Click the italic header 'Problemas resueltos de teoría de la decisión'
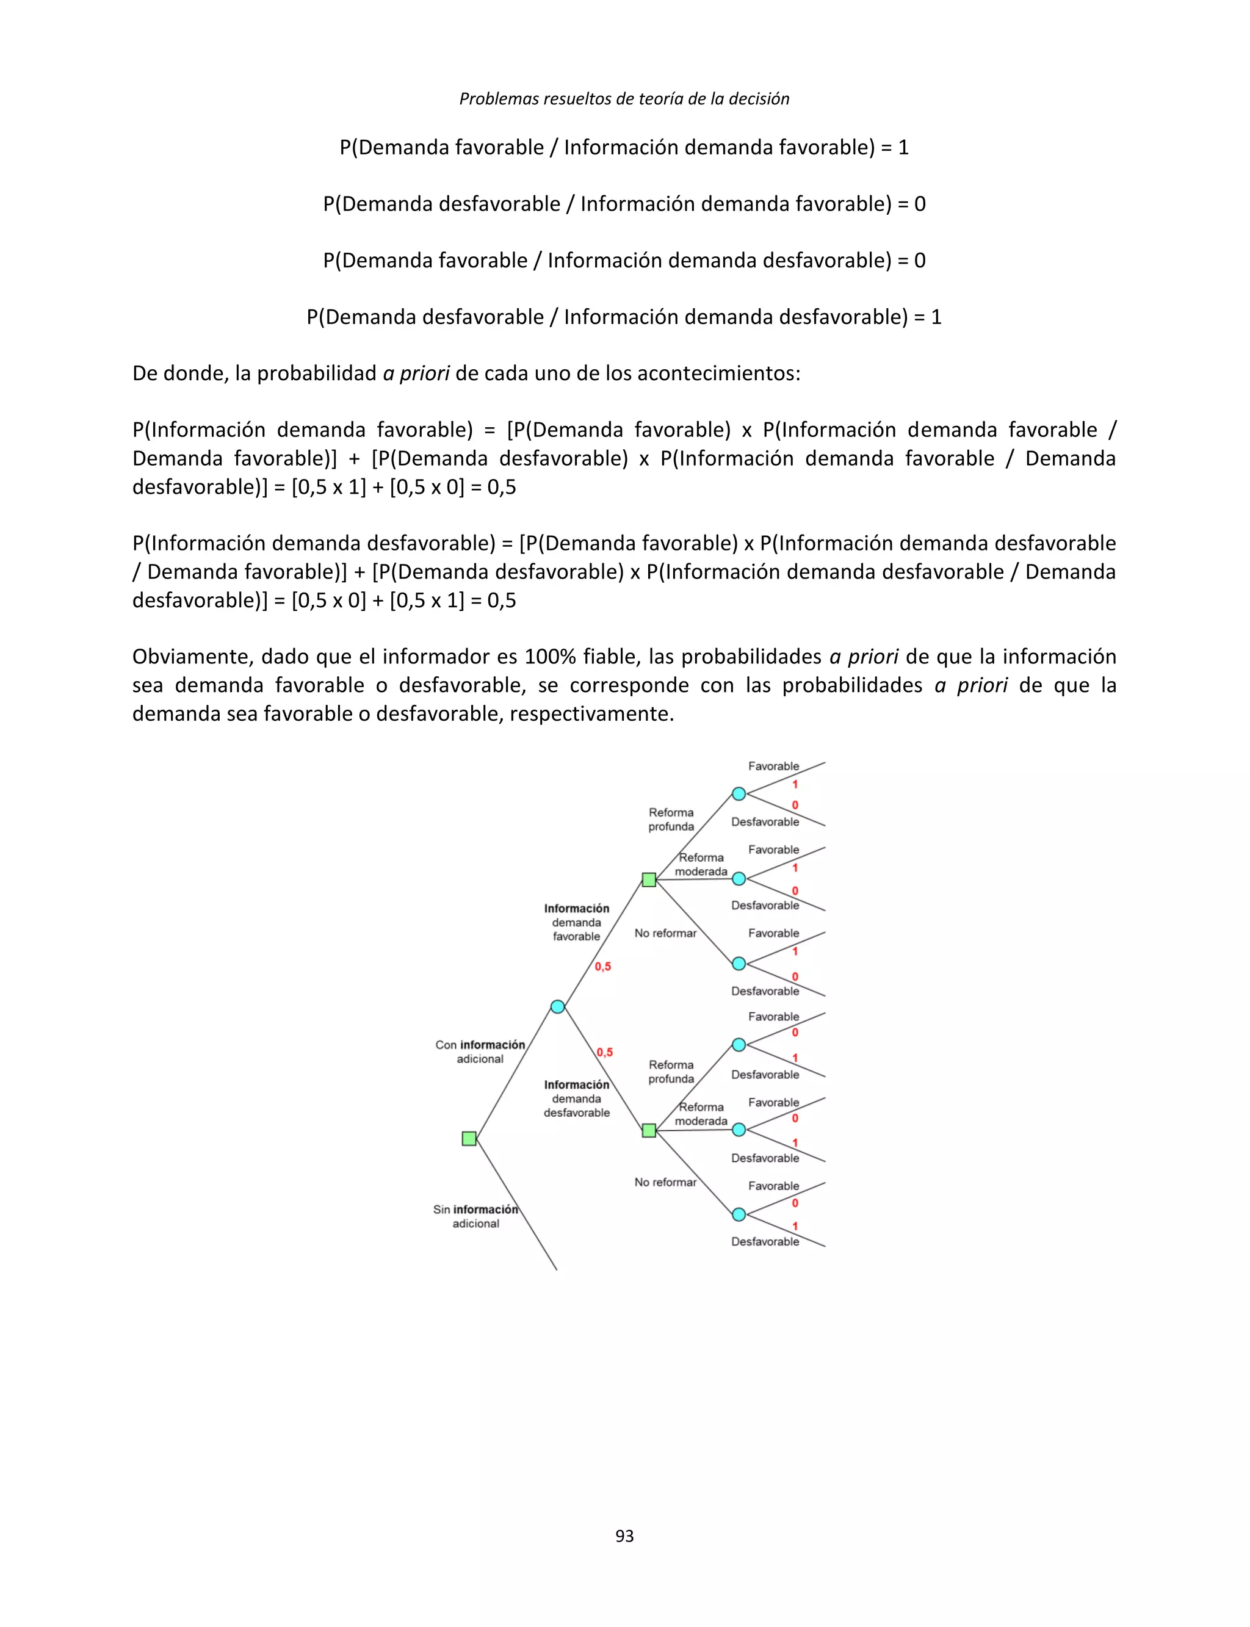pyautogui.click(x=624, y=98)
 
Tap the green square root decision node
pyautogui.click(x=469, y=1138)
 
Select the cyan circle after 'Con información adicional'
pyautogui.click(x=557, y=1006)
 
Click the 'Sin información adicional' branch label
pyautogui.click(x=475, y=1216)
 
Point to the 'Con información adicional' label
pyautogui.click(x=480, y=1051)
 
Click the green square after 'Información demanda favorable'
pyautogui.click(x=649, y=879)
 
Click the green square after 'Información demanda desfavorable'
pyautogui.click(x=649, y=1130)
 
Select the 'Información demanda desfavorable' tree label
pyautogui.click(x=577, y=1098)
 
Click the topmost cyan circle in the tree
pyautogui.click(x=739, y=794)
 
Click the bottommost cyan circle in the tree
pyautogui.click(x=739, y=1214)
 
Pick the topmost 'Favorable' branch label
pyautogui.click(x=773, y=767)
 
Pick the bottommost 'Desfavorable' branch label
pyautogui.click(x=765, y=1241)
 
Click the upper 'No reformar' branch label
pyautogui.click(x=665, y=933)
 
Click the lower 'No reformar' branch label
pyautogui.click(x=665, y=1182)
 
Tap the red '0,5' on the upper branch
pyautogui.click(x=602, y=967)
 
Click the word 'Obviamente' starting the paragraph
pyautogui.click(x=192, y=656)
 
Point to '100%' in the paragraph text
pyautogui.click(x=550, y=656)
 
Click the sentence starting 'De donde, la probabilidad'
pyautogui.click(x=466, y=373)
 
